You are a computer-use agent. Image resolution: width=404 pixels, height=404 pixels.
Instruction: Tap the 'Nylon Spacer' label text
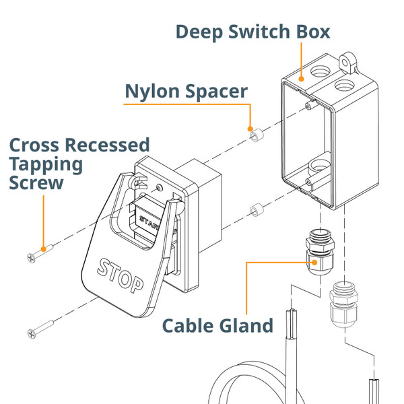[x=187, y=91]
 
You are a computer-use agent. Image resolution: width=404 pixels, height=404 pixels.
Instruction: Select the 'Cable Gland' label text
[x=217, y=326]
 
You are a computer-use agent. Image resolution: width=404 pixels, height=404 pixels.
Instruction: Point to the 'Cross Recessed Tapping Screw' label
[x=78, y=164]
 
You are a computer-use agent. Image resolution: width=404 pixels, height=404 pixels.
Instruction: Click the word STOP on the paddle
[x=121, y=275]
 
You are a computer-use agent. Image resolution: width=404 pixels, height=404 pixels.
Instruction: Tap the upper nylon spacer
[x=256, y=135]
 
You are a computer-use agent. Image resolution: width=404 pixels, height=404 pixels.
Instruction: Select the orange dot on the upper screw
[x=44, y=248]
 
